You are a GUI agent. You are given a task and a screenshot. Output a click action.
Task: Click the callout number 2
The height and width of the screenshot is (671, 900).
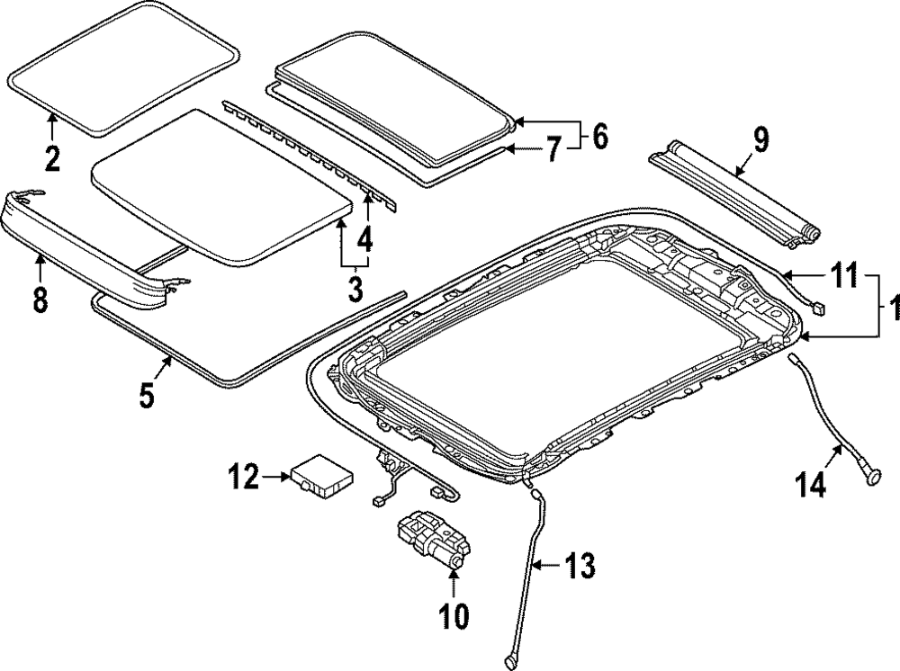pyautogui.click(x=53, y=157)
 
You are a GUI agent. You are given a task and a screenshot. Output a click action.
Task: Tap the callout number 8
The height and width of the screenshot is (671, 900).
pyautogui.click(x=40, y=300)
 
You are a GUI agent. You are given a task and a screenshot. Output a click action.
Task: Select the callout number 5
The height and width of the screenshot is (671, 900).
pyautogui.click(x=148, y=396)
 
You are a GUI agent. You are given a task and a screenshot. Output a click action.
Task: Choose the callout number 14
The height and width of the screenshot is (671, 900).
pyautogui.click(x=810, y=486)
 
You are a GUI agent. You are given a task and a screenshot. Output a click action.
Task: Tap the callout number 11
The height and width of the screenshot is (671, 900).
pyautogui.click(x=843, y=277)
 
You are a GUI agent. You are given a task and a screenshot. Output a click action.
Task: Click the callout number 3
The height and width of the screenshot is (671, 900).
pyautogui.click(x=355, y=290)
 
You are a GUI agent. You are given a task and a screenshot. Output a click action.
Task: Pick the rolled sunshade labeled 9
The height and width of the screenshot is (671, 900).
pyautogui.click(x=733, y=190)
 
